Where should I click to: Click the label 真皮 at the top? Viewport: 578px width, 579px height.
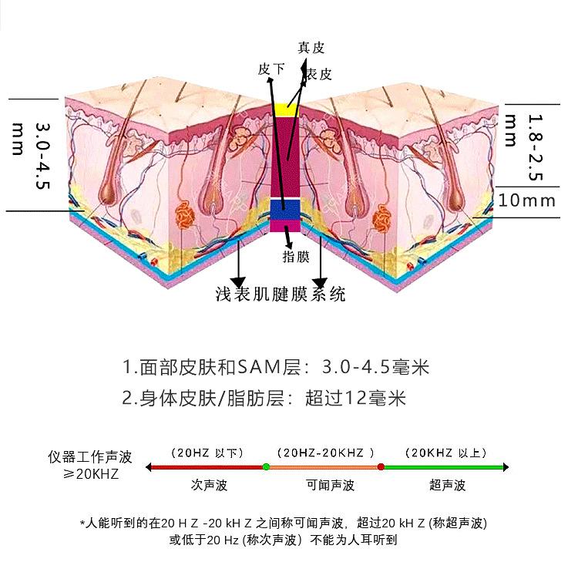pos(311,47)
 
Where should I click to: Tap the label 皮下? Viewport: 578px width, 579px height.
pos(271,69)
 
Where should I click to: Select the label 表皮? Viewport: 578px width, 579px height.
pos(318,74)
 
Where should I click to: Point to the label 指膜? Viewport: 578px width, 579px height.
pos(297,257)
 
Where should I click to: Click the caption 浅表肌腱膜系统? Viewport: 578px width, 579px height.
pos(281,294)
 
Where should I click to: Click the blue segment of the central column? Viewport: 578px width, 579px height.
pos(288,210)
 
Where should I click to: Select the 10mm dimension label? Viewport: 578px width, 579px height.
pos(527,200)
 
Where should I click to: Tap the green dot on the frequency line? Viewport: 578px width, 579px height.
pos(266,466)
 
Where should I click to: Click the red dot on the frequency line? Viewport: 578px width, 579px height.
pos(381,466)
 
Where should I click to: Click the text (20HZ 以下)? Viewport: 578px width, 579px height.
pos(207,453)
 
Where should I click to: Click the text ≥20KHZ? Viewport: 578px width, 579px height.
pos(91,473)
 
